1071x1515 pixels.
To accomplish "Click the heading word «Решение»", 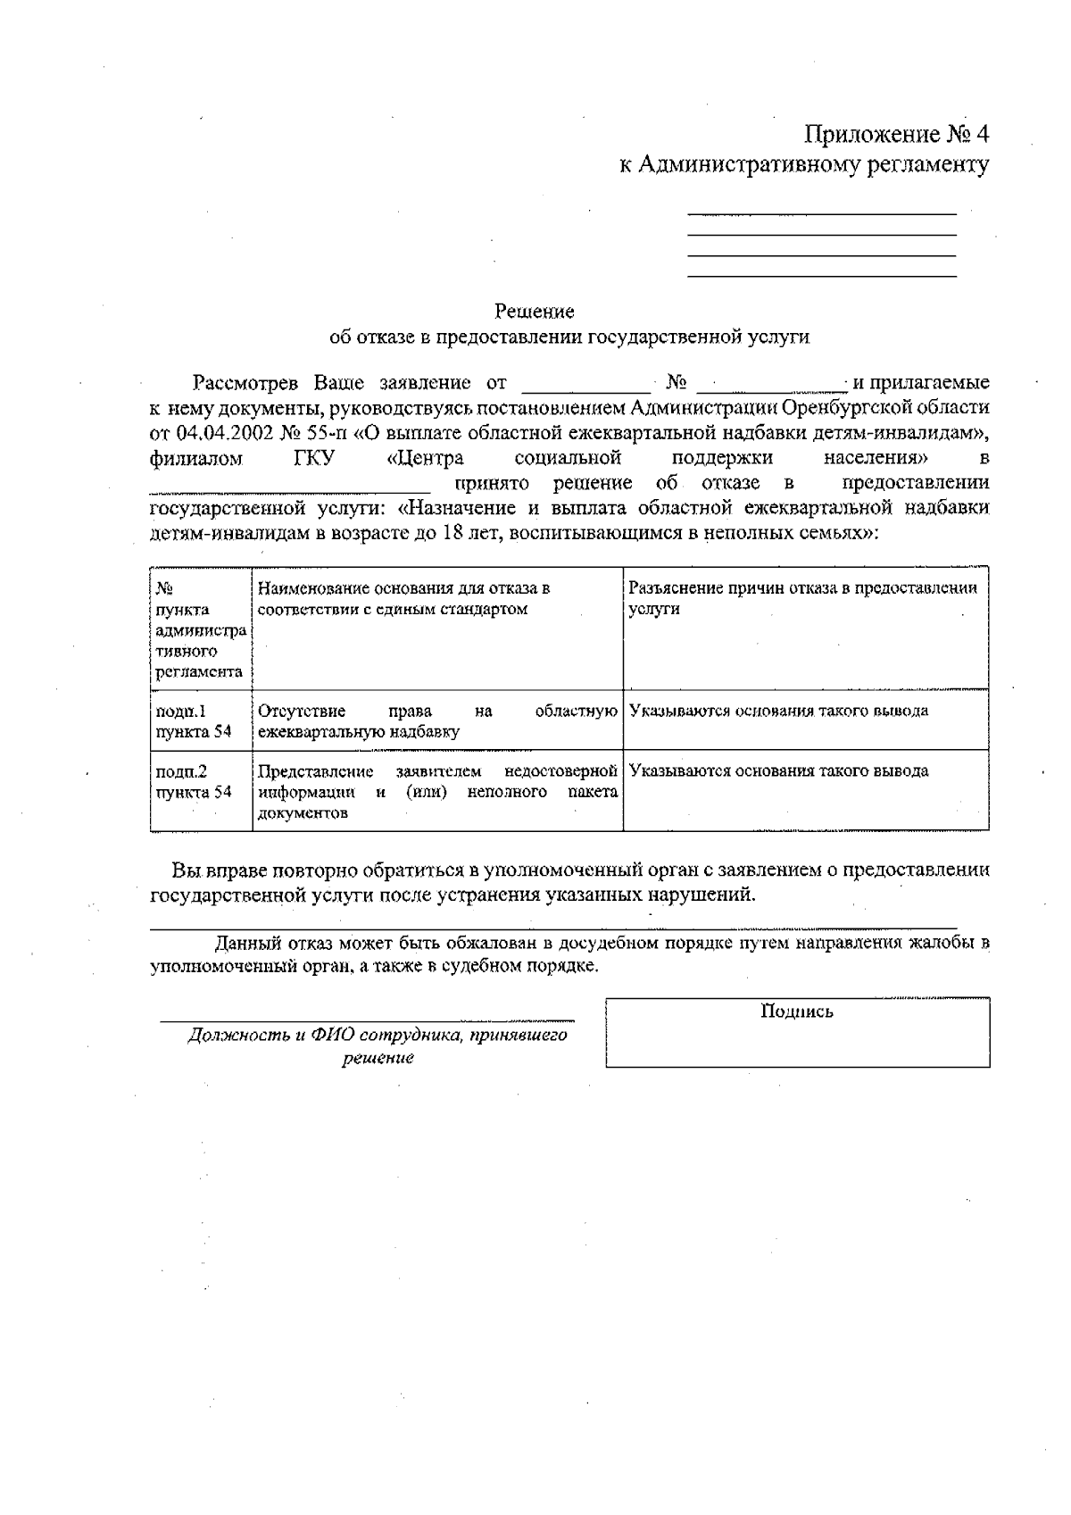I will (535, 312).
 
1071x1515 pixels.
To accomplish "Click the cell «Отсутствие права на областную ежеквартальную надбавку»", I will (437, 721).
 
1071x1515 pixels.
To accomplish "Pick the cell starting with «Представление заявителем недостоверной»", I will (437, 792).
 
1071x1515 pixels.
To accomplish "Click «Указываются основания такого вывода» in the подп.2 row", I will (778, 771).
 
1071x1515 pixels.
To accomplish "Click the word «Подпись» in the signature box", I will (797, 1011).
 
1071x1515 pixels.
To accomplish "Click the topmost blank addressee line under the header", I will (821, 214).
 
